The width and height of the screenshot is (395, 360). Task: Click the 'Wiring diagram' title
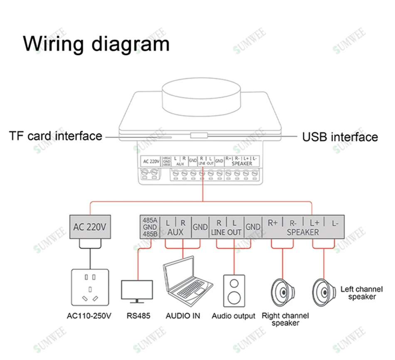coord(96,44)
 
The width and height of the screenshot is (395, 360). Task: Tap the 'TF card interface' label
coord(55,136)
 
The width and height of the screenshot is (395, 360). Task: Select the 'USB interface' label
coord(340,137)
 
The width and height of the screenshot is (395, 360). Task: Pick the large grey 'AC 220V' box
coord(90,227)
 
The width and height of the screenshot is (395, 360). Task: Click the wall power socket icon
coord(89,287)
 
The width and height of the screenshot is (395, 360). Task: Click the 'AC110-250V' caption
coord(89,316)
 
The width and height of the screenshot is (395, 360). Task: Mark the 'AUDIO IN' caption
coord(183,316)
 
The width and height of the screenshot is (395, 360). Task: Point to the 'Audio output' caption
coord(234,316)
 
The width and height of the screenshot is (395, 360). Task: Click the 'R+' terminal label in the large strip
coord(273,222)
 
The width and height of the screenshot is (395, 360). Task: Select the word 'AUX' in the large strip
coord(175,232)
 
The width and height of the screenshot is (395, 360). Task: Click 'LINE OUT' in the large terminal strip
coord(226,232)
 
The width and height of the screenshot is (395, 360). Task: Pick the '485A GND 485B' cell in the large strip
coord(150,227)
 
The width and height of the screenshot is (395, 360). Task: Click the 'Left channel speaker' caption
coord(361,293)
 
